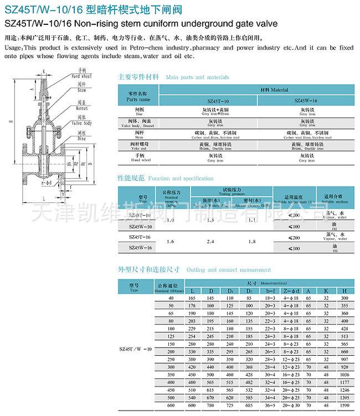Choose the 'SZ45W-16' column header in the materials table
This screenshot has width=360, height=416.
point(305,102)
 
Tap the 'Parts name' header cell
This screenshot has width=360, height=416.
point(138,100)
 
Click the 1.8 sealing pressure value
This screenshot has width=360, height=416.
point(251,242)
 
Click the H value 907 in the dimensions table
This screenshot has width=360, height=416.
point(344,359)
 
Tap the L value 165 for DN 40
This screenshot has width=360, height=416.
point(192,298)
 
